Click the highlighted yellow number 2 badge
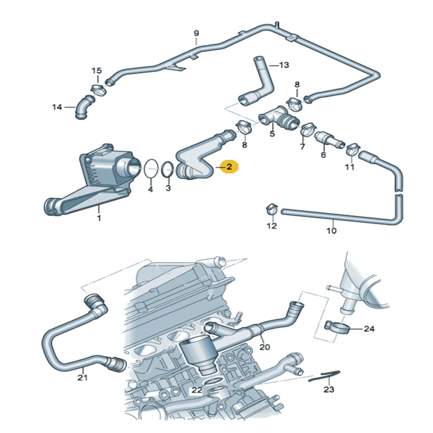pos(229,167)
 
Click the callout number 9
pos(196,33)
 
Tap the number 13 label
pos(284,65)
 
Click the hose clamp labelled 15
pos(98,88)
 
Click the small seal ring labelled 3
pos(167,171)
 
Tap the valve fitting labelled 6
pos(329,138)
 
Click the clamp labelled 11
pos(351,149)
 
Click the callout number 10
pos(331,231)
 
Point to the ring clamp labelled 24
pos(337,327)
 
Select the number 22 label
pos(196,390)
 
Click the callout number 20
pos(265,347)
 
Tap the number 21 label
pos(82,377)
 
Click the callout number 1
pos(99,218)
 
